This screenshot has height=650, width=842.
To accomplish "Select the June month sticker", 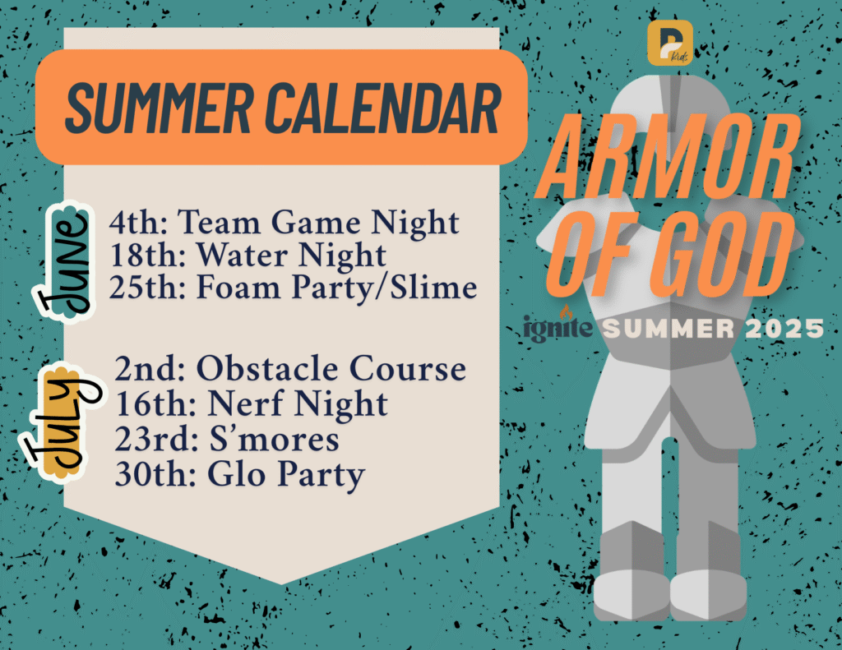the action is coord(64,262).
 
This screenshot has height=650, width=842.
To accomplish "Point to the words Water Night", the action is coord(290,255).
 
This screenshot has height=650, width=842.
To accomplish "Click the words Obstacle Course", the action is coord(331,369).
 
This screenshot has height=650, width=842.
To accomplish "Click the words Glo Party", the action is coord(286,476).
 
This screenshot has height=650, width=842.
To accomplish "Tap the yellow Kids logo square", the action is coord(669,43).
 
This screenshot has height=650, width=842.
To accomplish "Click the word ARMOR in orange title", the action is coord(669,156).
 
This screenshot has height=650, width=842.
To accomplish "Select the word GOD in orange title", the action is coord(722,254).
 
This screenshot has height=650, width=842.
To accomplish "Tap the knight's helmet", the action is coord(669,108).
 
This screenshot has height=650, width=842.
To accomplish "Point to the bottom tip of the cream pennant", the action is coord(281,584).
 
